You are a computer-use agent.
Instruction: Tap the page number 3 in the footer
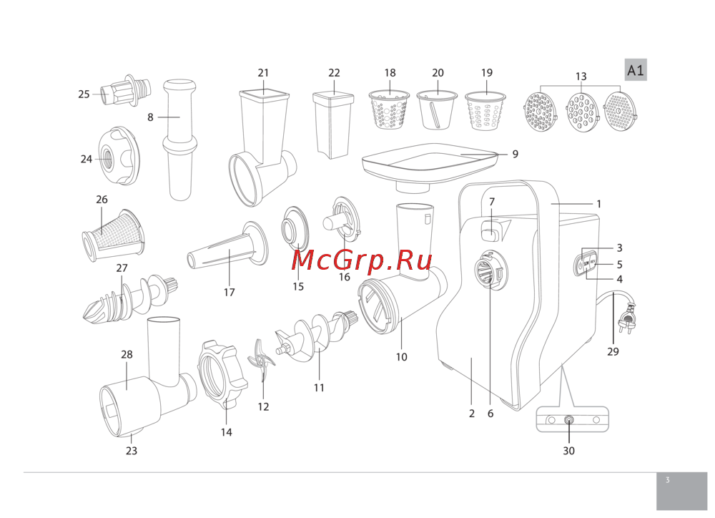tap(667, 481)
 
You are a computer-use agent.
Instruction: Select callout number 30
tap(568, 451)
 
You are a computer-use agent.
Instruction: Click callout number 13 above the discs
tap(581, 77)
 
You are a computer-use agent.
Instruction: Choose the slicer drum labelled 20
tap(438, 111)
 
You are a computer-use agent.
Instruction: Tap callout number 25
tap(84, 94)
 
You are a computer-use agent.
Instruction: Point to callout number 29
tap(613, 351)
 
